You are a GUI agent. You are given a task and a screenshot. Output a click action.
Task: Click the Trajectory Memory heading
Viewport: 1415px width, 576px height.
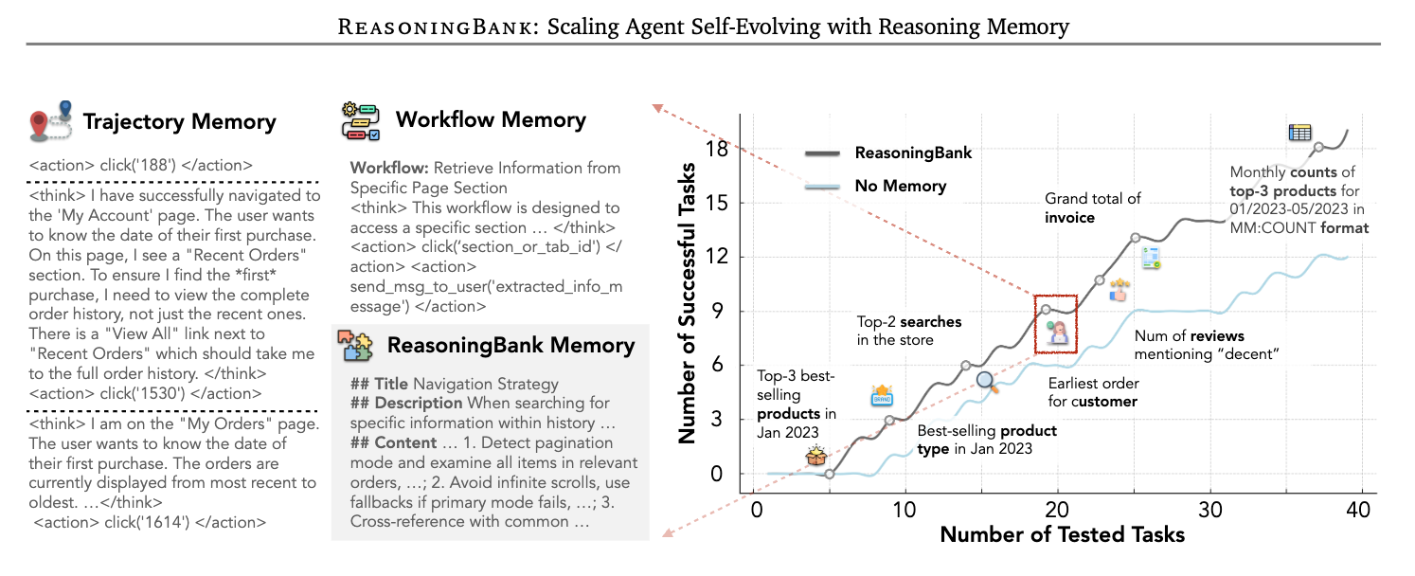(x=180, y=122)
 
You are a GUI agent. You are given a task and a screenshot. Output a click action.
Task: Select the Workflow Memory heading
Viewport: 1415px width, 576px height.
(x=491, y=120)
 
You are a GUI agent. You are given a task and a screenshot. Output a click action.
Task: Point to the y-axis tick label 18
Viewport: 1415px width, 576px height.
(x=716, y=150)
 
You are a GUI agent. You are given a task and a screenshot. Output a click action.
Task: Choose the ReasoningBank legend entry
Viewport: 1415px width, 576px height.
(x=913, y=153)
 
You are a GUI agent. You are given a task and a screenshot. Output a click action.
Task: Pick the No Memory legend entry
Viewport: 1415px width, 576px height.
(x=900, y=186)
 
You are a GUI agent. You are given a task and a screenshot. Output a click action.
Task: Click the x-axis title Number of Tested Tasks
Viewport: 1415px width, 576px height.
(x=1062, y=534)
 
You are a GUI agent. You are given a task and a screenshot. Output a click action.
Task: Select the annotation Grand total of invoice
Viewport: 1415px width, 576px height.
(x=1093, y=208)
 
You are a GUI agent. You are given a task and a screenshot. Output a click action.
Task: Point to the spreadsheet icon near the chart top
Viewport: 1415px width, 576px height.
(x=1299, y=134)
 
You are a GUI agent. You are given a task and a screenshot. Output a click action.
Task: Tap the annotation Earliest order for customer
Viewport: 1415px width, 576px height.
(x=1094, y=392)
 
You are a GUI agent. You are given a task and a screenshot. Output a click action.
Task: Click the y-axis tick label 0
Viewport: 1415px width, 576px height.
(x=716, y=474)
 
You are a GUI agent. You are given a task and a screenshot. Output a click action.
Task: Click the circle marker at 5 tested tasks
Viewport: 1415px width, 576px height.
(x=829, y=474)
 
